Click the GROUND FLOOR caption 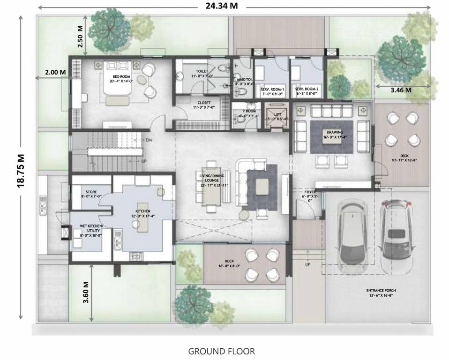coord(221,351)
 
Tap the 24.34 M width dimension coord(221,6)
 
